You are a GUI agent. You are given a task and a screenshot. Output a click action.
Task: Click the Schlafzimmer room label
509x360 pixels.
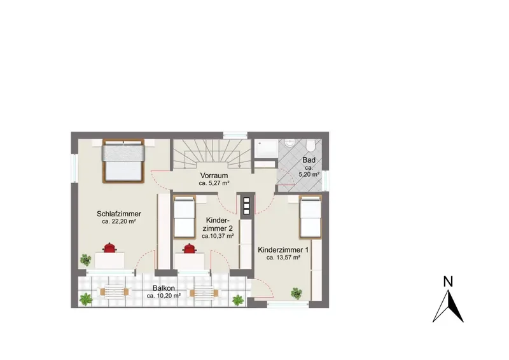click(119, 214)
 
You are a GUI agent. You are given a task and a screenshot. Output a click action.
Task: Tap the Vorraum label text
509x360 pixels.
click(214, 176)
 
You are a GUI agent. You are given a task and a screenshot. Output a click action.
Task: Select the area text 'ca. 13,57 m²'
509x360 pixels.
click(283, 258)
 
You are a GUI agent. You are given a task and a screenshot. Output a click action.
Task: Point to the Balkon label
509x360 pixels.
click(164, 288)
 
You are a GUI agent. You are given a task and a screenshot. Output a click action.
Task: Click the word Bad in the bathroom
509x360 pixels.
click(309, 160)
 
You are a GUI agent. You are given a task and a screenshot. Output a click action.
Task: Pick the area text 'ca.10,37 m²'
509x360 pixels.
click(218, 236)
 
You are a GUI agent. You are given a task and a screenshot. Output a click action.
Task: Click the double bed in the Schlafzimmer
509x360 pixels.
click(123, 161)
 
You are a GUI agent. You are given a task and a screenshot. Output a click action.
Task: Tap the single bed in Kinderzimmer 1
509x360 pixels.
click(310, 217)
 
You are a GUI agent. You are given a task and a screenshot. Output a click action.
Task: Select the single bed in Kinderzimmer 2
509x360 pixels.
click(185, 217)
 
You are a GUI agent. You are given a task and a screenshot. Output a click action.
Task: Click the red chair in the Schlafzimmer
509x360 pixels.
click(109, 247)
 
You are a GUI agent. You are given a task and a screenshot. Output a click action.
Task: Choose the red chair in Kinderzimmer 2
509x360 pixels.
click(189, 249)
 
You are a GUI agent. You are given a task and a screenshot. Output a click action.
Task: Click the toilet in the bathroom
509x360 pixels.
click(310, 145)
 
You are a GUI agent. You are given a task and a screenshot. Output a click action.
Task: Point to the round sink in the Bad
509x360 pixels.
click(289, 143)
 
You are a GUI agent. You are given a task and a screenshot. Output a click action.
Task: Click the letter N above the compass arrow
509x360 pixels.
click(448, 281)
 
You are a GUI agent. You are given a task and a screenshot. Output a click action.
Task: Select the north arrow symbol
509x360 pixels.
click(448, 306)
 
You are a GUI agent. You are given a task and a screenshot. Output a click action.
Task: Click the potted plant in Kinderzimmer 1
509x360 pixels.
click(296, 293)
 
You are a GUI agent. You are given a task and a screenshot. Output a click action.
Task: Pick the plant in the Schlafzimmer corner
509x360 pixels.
click(86, 260)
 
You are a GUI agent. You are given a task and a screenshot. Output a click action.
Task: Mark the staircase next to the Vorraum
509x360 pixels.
click(212, 154)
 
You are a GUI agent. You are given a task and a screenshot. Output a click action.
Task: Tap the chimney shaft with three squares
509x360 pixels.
click(246, 206)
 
